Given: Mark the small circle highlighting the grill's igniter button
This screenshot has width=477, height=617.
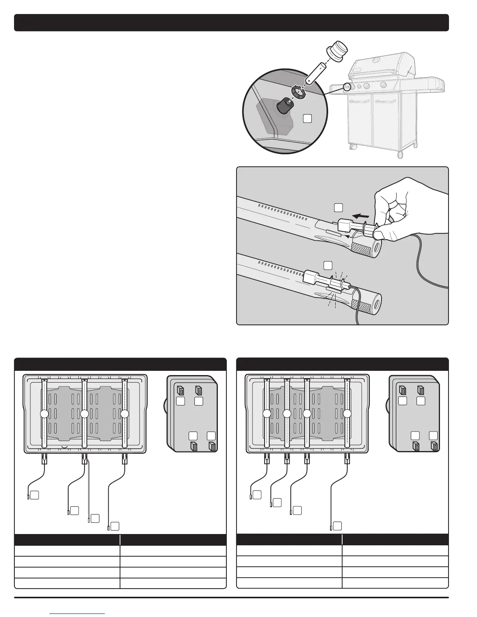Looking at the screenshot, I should point(346,86).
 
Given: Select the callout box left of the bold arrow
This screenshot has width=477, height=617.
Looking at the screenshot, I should point(338,208).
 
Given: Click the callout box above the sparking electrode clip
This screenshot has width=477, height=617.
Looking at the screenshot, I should point(327,265).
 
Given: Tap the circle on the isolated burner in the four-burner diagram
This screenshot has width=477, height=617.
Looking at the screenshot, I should point(347,414).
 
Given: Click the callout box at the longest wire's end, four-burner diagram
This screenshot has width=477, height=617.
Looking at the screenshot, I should point(338,525).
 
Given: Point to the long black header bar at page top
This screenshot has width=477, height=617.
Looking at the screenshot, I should point(231,23).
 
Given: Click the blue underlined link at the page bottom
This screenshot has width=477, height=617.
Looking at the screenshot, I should point(78,613).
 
